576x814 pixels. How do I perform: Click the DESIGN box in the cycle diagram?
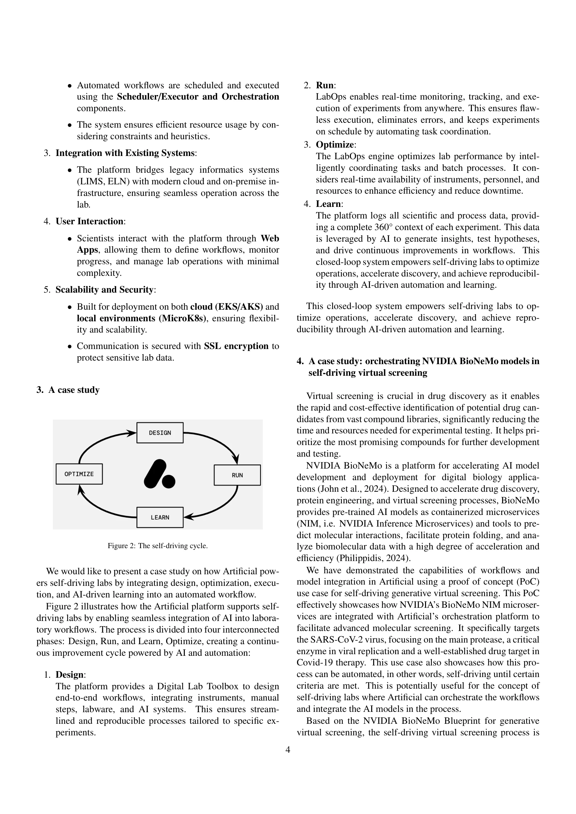tap(160, 432)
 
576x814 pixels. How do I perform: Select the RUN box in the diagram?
tap(237, 475)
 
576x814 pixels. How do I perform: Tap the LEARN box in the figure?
tap(160, 517)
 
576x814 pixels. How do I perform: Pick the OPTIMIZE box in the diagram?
tap(79, 474)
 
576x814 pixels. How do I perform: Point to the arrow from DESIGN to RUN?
tap(220, 441)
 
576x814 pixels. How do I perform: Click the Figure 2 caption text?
tap(158, 546)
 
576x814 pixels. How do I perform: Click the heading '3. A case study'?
tap(68, 390)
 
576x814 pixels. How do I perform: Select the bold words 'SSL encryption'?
tap(236, 346)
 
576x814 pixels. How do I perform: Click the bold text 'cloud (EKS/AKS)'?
tap(226, 307)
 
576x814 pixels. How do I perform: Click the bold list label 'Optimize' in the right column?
tap(335, 145)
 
